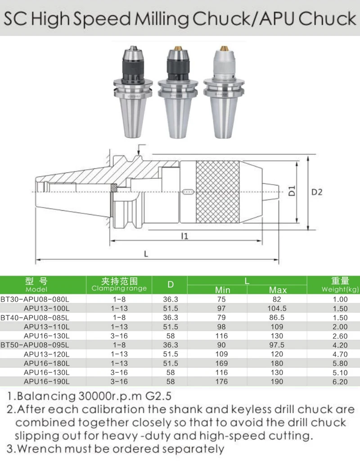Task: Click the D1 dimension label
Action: [292, 190]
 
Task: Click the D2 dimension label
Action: [317, 192]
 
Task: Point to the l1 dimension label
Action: [185, 236]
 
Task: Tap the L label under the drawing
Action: [146, 254]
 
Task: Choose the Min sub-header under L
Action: [223, 290]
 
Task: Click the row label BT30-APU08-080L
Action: [35, 299]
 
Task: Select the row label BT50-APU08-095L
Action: [35, 345]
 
